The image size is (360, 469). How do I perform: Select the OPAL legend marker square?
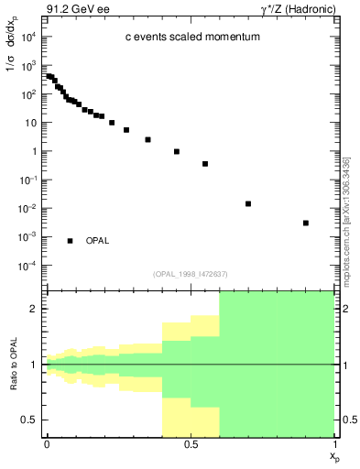click(x=71, y=241)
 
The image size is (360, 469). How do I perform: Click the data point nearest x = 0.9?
click(x=306, y=223)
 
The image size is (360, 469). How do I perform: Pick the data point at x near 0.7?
click(x=248, y=203)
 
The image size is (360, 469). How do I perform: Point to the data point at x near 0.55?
click(x=205, y=164)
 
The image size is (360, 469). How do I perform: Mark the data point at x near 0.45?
click(x=177, y=151)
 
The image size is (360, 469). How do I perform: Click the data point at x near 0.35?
click(x=147, y=139)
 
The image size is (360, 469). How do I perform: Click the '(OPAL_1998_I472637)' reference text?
click(x=191, y=273)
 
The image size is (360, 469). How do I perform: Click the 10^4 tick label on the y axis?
click(x=29, y=37)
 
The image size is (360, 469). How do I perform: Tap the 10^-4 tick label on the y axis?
click(x=29, y=266)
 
